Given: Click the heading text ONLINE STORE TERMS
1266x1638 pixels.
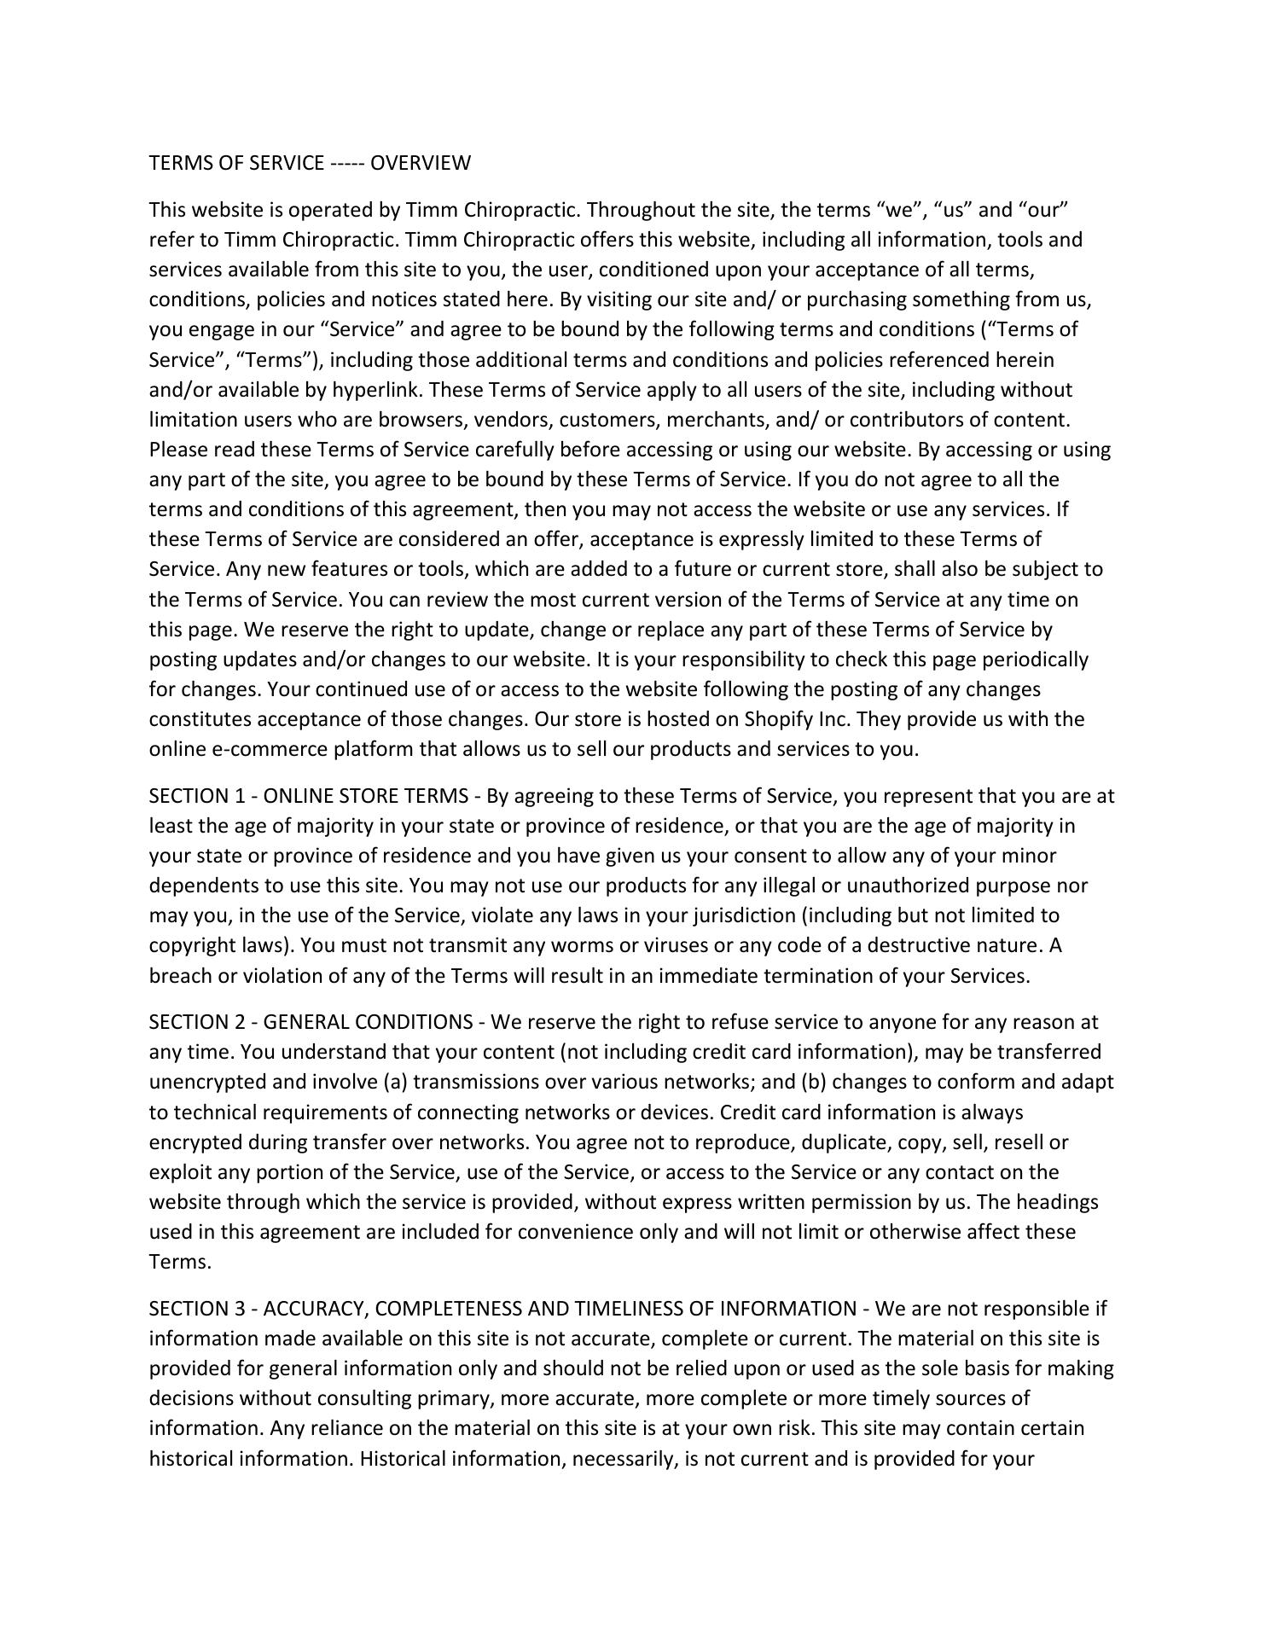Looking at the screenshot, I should (x=365, y=796).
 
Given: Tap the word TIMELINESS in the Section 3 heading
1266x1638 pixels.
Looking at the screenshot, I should (x=636, y=1309).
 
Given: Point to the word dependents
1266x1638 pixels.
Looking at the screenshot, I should (x=201, y=886).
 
